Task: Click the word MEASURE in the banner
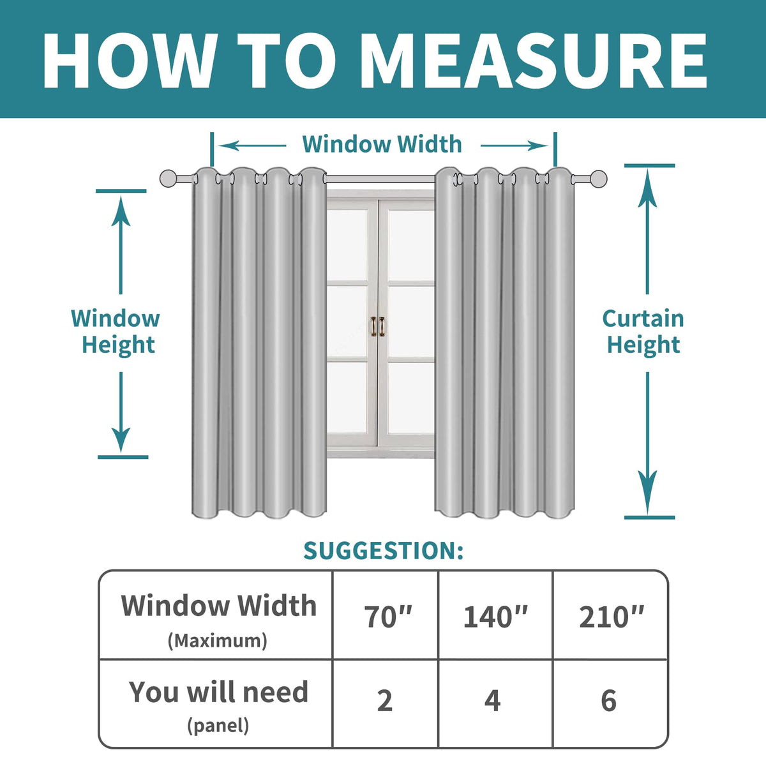[533, 61]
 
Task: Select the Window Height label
[116, 331]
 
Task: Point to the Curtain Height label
[643, 331]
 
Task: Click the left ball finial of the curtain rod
[169, 179]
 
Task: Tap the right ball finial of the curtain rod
[598, 179]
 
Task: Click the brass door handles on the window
[378, 327]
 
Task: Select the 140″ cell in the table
[495, 617]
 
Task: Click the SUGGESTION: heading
[383, 550]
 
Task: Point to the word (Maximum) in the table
[218, 640]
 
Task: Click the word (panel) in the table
[218, 725]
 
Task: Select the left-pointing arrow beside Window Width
[252, 146]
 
